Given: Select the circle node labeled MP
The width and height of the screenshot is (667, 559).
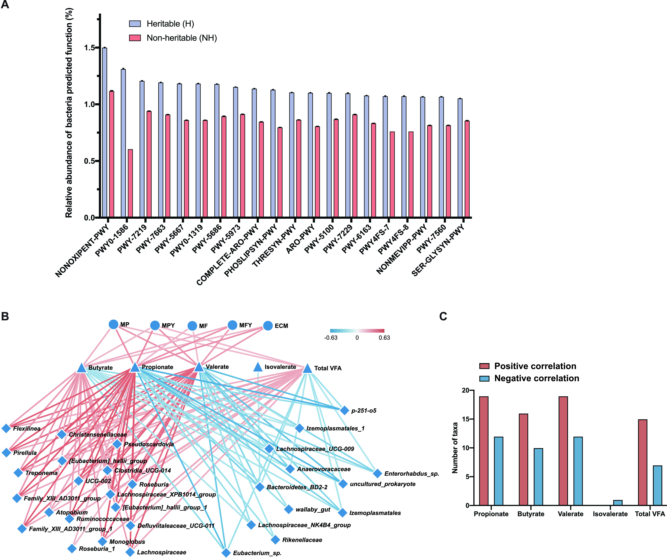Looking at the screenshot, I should click(113, 324).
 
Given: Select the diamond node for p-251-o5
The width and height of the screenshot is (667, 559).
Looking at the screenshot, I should click(344, 410).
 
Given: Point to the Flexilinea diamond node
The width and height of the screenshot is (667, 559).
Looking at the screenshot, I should click(6, 428).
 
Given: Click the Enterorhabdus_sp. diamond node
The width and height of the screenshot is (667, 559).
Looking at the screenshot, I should click(377, 473).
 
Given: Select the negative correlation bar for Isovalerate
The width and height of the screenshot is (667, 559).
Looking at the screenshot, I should click(617, 503).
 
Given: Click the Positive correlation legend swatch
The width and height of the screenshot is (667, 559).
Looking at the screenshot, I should click(484, 366).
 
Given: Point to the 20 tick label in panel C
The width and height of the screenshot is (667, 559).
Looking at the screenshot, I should click(465, 391).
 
